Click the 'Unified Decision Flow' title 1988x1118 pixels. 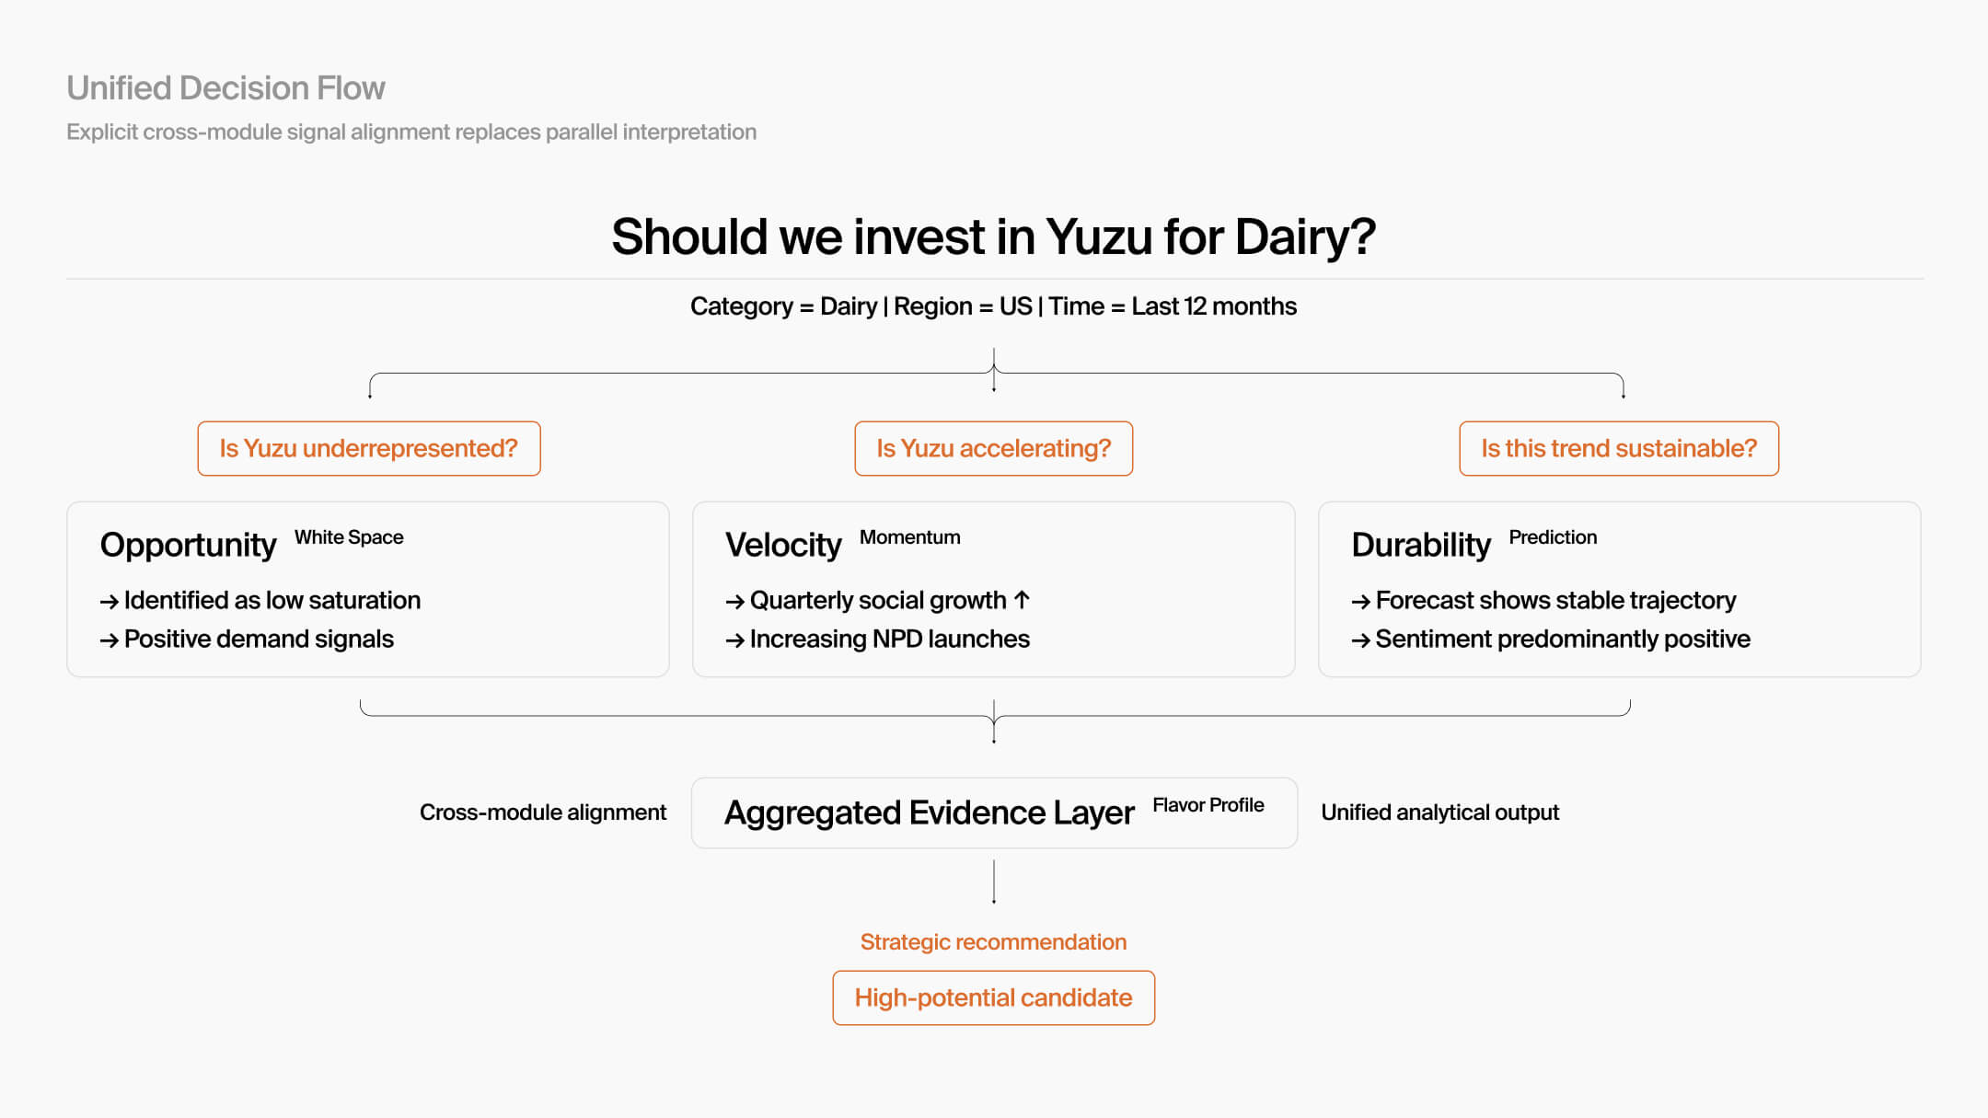225,88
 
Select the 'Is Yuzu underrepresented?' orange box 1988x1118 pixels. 369,448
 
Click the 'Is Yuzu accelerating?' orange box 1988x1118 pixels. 993,448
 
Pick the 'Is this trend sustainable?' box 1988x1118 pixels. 1618,448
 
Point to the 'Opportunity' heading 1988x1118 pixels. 188,545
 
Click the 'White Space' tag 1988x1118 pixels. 349,537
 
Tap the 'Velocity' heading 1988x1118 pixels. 783,545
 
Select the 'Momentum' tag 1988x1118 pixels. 909,537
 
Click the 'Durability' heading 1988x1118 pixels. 1420,545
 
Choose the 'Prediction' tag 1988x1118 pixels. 1553,537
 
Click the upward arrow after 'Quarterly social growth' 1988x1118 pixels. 1022,600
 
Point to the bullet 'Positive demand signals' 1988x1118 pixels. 259,639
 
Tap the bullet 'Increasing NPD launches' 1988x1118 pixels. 889,639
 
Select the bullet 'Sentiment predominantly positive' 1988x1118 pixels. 1562,639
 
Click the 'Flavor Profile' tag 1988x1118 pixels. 1208,805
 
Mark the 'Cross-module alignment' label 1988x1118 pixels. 543,813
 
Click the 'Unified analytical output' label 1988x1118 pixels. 1439,813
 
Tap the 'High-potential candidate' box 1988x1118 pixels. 993,997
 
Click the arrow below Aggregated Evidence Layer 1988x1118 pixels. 994,882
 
